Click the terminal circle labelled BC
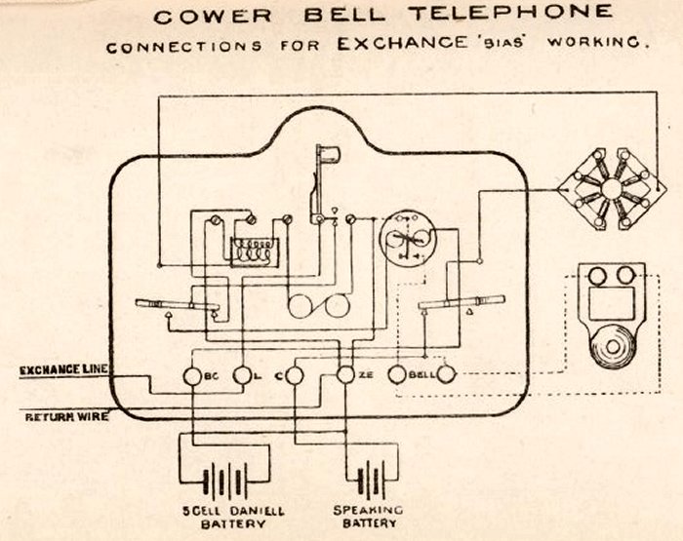click(192, 375)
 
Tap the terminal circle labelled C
click(297, 375)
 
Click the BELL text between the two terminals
click(421, 373)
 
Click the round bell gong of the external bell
click(612, 347)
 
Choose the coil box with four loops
click(255, 251)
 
